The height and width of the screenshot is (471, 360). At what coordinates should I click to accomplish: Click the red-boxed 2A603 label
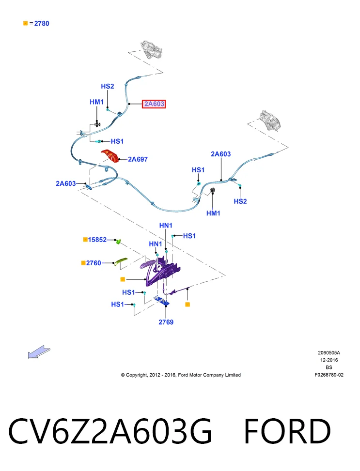154,104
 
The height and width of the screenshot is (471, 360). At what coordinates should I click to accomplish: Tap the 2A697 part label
138,159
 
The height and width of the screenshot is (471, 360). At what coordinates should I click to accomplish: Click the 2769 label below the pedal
166,322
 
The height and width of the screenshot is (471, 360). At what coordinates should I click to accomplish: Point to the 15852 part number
97,240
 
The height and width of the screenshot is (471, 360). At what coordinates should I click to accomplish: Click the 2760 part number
94,263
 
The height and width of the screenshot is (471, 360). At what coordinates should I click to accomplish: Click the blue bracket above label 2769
162,301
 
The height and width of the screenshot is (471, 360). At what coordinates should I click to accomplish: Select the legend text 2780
42,23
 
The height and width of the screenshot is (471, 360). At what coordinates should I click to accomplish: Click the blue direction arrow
39,352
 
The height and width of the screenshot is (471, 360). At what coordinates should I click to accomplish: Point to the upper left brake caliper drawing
151,49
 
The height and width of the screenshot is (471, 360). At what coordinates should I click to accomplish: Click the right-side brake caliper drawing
270,121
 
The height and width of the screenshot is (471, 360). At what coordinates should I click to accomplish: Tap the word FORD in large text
287,431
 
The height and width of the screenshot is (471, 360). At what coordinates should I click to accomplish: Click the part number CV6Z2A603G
110,431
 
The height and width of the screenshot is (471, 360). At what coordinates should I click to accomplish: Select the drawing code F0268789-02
329,375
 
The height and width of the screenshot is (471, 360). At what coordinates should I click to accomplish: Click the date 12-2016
329,360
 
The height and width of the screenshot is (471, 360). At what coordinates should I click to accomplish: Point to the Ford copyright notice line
181,375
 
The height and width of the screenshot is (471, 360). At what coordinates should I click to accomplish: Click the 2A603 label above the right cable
221,154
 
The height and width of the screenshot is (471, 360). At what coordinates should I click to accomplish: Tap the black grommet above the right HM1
212,190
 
